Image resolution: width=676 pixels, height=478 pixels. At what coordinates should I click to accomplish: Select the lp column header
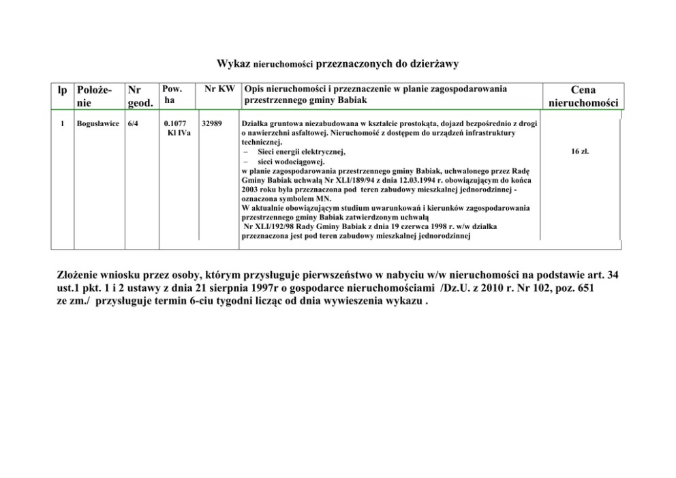coord(62,90)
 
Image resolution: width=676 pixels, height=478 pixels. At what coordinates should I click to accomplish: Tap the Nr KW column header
coord(220,89)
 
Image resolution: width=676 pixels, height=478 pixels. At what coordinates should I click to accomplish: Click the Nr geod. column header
coord(140,96)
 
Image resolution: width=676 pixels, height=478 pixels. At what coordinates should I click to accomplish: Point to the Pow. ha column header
coord(172,94)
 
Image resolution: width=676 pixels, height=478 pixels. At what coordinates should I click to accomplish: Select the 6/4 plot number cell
coord(134,124)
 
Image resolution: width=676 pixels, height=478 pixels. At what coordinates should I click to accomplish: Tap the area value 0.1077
coord(175,124)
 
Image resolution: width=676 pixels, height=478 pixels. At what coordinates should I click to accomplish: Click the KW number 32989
coord(213,124)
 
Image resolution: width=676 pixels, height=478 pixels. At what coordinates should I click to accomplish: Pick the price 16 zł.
coord(580,151)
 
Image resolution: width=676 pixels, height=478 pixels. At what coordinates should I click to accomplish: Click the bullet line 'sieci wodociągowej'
coord(287,162)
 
